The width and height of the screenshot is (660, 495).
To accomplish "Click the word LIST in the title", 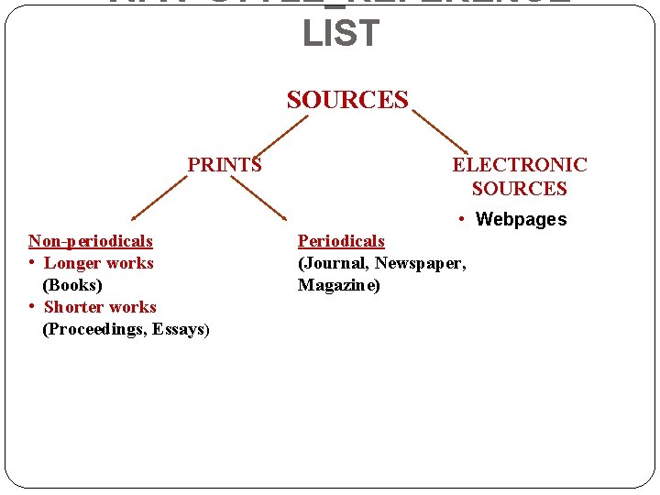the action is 340,34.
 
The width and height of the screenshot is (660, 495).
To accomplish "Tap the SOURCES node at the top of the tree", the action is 347,100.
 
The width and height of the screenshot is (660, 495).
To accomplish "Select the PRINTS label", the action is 225,165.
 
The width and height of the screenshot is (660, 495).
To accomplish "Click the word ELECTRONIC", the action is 520,165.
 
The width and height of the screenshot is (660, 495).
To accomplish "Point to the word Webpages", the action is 522,219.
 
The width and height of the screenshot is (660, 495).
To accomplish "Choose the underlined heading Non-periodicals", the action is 91,241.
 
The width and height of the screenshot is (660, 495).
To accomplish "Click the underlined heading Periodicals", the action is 341,241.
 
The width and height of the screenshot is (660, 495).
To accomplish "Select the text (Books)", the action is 72,285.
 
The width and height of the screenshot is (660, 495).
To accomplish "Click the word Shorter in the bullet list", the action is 72,307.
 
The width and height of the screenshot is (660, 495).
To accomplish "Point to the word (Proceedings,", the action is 91,329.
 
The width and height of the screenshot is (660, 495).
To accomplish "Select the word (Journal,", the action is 333,263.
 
